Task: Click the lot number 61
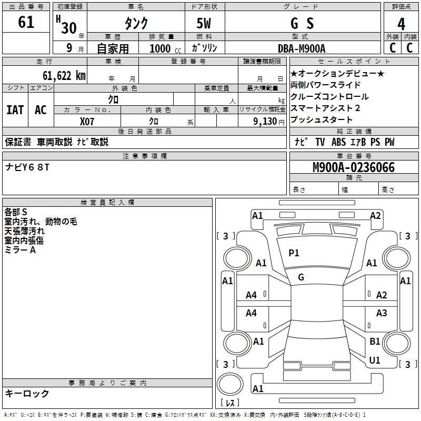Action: click(x=26, y=23)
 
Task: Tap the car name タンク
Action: click(x=136, y=24)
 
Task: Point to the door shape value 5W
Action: click(x=204, y=24)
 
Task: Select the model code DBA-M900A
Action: click(x=302, y=48)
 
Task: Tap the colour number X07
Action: click(x=87, y=121)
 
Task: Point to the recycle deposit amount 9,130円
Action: click(x=264, y=121)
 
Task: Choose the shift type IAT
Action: click(x=15, y=110)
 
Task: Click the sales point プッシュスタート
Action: click(x=321, y=119)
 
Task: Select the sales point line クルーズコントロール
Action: click(x=329, y=97)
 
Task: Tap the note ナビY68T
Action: click(x=27, y=167)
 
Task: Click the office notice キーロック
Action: click(x=27, y=393)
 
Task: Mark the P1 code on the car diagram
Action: click(x=294, y=253)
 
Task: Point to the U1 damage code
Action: click(x=375, y=360)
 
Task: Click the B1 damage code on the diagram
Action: click(x=375, y=342)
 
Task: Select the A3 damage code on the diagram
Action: click(x=382, y=313)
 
